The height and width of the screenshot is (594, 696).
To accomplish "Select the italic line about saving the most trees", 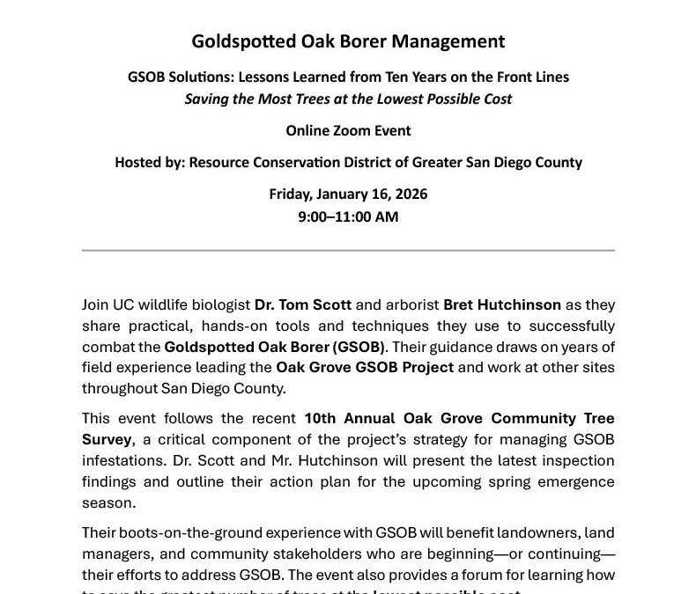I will point(348,99).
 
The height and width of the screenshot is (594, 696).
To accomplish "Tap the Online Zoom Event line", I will point(348,131).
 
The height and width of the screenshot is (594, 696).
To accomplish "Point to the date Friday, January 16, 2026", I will point(348,194).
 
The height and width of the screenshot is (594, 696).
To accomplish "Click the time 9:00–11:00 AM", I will point(348,216).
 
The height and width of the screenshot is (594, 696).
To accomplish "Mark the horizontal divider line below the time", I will point(348,251).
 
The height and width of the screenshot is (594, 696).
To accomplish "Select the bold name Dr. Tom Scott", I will point(303,305).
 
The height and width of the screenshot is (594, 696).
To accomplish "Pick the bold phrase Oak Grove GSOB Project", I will point(365,366).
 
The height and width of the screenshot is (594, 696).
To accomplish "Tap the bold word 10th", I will point(322,418).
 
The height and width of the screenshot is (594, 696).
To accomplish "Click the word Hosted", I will point(139,163).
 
